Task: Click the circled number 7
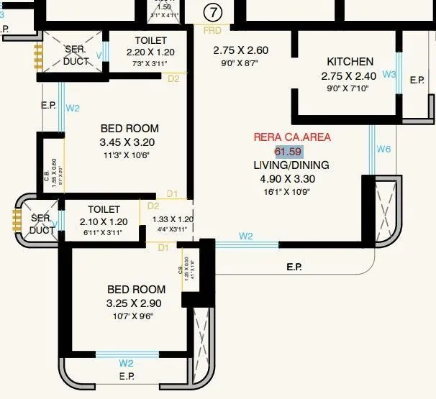click(x=212, y=12)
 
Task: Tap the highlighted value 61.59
click(x=289, y=151)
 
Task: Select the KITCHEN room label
click(x=350, y=62)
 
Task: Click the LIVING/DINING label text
click(x=291, y=165)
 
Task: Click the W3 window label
click(x=389, y=74)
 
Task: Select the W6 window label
click(x=383, y=149)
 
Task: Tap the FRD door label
click(x=212, y=31)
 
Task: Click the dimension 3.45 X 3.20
click(x=127, y=142)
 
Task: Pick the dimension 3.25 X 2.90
click(x=136, y=303)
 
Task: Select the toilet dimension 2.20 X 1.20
click(x=150, y=53)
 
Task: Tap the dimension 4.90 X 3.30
click(x=291, y=179)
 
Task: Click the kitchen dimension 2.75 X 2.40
click(x=350, y=75)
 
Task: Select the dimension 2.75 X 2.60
click(x=240, y=50)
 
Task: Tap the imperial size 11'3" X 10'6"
click(x=127, y=155)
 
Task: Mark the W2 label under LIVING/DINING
click(x=246, y=236)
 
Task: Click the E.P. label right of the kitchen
click(x=417, y=80)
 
